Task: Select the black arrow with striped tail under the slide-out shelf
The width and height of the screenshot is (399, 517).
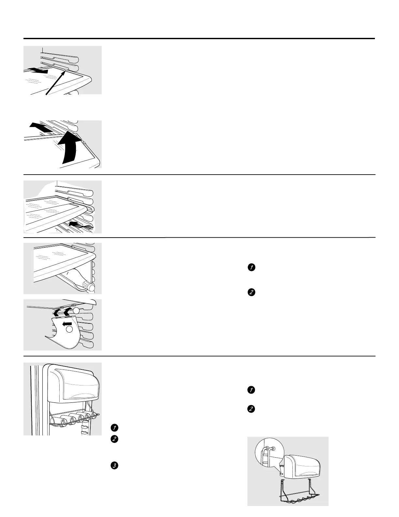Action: tap(80, 225)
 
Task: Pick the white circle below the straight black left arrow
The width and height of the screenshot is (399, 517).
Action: tap(69, 330)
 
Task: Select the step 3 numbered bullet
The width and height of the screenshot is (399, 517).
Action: tap(114, 465)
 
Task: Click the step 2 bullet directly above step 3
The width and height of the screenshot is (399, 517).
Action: tap(114, 439)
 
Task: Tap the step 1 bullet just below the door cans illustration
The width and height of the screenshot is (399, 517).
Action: tap(114, 428)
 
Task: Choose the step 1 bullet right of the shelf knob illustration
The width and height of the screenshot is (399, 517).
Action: tap(251, 268)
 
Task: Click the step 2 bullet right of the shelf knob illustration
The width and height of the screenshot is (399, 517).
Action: tap(251, 292)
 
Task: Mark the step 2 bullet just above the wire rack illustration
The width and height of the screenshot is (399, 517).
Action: tap(251, 409)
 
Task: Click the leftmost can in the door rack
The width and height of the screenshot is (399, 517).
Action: tap(63, 421)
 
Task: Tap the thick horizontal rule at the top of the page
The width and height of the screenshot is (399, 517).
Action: tap(199, 39)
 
